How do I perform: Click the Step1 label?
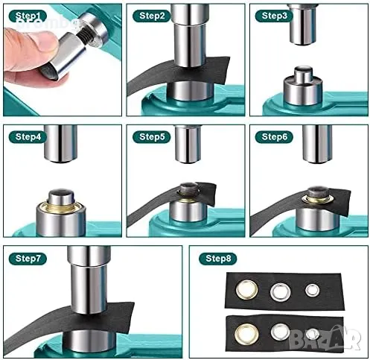[x=28, y=16]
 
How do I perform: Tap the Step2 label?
[x=152, y=16]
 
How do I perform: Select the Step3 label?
[x=274, y=16]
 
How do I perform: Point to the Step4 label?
[x=28, y=137]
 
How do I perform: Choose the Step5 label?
[x=152, y=137]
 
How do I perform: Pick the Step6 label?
[x=274, y=137]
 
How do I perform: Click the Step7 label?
[x=28, y=259]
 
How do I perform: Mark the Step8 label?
[x=218, y=259]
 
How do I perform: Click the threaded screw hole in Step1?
[x=84, y=37]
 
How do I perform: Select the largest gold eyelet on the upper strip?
[x=246, y=289]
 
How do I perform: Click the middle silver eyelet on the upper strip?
[x=281, y=292]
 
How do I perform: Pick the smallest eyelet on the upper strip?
[x=312, y=290]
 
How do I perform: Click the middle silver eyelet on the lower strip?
[x=281, y=332]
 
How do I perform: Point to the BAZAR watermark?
[x=325, y=338]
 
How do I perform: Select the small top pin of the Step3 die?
[x=303, y=74]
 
